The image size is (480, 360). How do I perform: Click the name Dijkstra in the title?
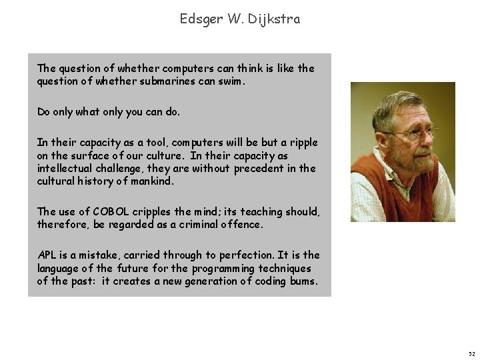[275, 20]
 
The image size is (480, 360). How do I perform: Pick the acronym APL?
[47, 255]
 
